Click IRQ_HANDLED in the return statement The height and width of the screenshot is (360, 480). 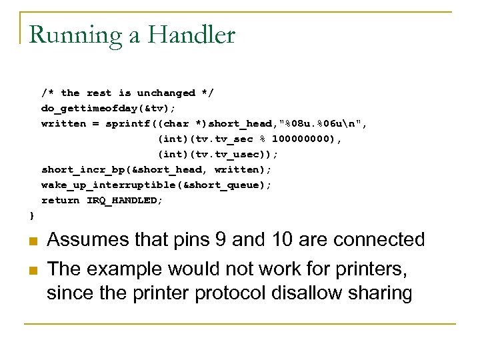coord(123,200)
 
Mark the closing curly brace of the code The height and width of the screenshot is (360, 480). coord(31,215)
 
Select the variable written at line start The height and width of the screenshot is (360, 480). coord(63,123)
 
